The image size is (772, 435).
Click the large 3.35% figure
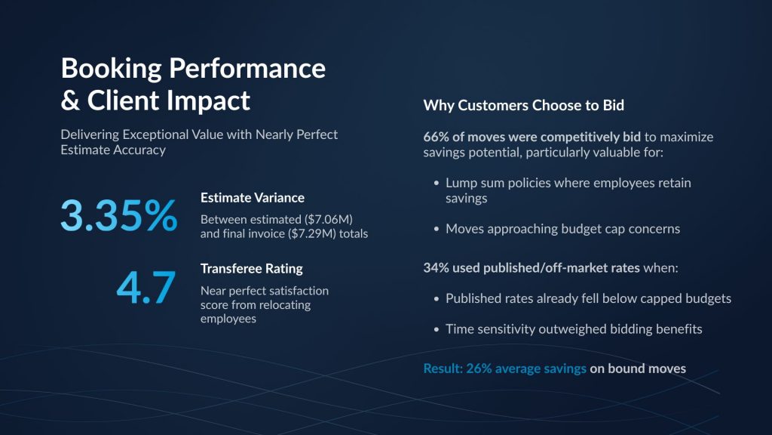click(118, 215)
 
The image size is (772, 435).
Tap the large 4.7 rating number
click(146, 287)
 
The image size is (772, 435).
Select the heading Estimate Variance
click(252, 198)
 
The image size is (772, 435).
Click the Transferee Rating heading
click(252, 269)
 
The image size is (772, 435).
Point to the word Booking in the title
click(112, 69)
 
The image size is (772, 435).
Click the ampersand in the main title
click(70, 100)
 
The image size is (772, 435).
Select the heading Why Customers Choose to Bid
click(523, 105)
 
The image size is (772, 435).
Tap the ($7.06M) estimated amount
click(328, 219)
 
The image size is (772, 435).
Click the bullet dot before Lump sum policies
click(437, 184)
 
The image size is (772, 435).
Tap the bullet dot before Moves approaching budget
click(437, 230)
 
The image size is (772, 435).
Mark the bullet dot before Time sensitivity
click(437, 329)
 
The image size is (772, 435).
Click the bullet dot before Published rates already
click(437, 299)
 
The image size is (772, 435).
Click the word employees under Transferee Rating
click(228, 319)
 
